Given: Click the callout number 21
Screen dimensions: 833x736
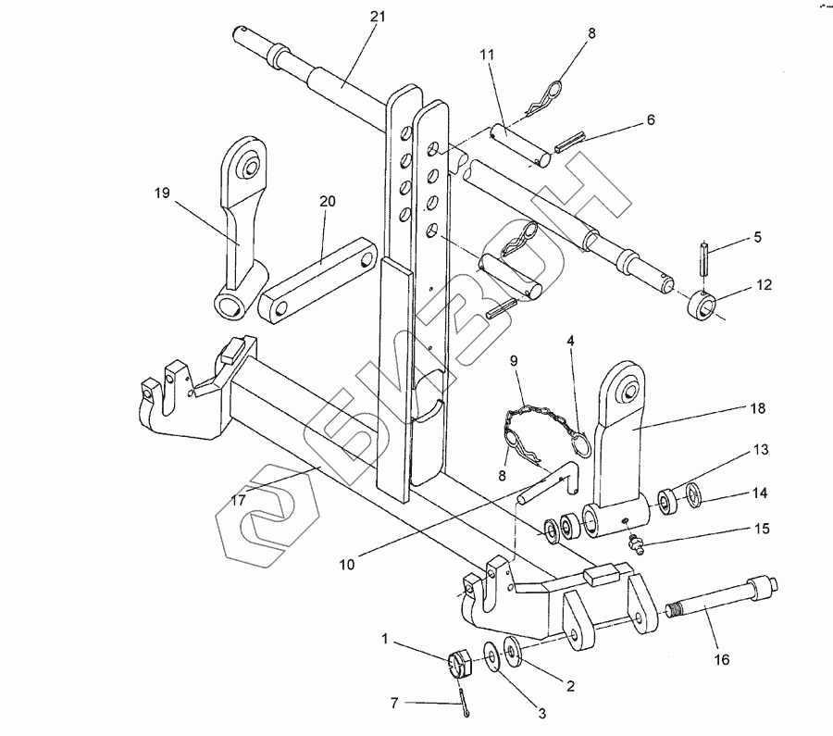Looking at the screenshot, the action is [x=378, y=17].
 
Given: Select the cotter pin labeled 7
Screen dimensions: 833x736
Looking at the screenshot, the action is [x=465, y=702].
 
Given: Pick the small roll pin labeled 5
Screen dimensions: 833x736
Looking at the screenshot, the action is [x=704, y=257].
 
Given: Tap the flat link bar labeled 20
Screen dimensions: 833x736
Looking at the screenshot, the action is [x=317, y=281].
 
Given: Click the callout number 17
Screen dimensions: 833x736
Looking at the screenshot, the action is [x=239, y=500].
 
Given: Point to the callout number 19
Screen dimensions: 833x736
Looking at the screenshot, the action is [x=162, y=193].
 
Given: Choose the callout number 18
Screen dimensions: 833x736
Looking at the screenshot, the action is [x=757, y=408].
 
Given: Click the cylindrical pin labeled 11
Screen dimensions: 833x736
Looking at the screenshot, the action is [x=519, y=145].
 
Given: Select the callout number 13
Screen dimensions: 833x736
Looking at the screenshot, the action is [x=761, y=450].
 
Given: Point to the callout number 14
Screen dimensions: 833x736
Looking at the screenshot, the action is [x=760, y=493].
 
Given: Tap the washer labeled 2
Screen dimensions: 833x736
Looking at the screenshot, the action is [x=513, y=651].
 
